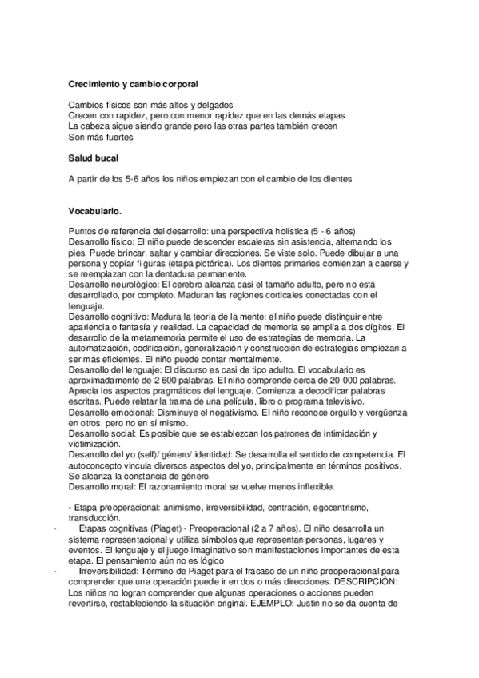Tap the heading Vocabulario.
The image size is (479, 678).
[x=95, y=212]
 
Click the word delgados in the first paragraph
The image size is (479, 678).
[x=214, y=105]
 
